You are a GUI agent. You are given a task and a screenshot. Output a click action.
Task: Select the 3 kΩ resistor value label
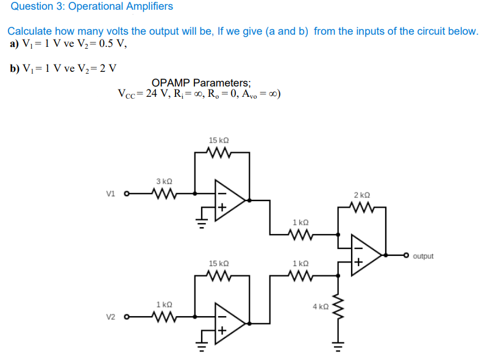164,182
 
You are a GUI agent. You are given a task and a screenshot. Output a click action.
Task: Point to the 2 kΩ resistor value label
361,195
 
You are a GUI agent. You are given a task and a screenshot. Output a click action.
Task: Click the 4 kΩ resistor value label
321,306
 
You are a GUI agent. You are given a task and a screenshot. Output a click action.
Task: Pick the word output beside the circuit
423,256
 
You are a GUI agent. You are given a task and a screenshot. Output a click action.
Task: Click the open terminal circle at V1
127,195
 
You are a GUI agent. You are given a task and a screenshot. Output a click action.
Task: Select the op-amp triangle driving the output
366,255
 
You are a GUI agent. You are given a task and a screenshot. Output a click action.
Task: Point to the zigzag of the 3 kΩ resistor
163,195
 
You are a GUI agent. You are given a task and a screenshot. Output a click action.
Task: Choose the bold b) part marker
15,68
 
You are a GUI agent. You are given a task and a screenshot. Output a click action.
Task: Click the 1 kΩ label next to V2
164,303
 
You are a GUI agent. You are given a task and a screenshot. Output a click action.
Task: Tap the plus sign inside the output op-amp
359,263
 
